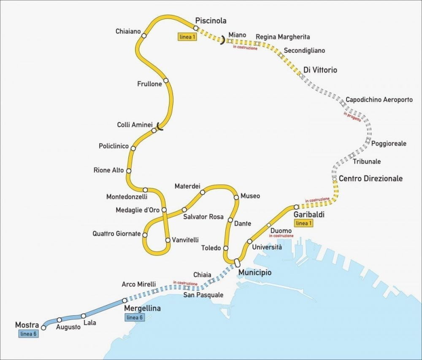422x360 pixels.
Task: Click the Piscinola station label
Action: click(x=211, y=21)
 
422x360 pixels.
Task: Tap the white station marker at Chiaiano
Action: click(x=144, y=36)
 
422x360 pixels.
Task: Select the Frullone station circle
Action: click(x=166, y=81)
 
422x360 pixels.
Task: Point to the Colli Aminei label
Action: click(x=134, y=125)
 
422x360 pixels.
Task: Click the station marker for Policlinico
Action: click(x=133, y=148)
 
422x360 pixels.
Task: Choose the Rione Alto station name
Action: click(x=109, y=171)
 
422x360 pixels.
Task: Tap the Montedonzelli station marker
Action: click(x=145, y=190)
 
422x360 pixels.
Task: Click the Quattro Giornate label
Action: click(x=117, y=233)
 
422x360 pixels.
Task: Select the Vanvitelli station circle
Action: click(x=168, y=240)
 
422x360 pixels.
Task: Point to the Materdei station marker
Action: click(x=203, y=192)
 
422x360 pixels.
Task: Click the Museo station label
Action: click(x=250, y=196)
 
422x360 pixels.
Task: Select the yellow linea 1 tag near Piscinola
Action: click(x=187, y=37)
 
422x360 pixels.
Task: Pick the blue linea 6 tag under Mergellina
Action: click(x=135, y=317)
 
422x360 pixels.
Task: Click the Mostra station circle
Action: click(x=43, y=328)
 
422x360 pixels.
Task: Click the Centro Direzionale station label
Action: click(x=371, y=179)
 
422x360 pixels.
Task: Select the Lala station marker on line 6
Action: click(x=83, y=316)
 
